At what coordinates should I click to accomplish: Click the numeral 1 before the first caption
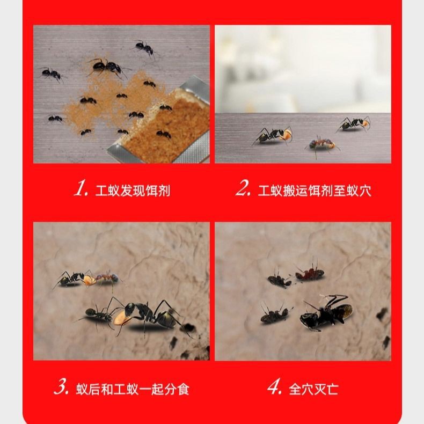(x=81, y=188)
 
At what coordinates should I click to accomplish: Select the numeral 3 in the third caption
(x=61, y=388)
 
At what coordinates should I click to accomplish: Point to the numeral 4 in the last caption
(x=275, y=388)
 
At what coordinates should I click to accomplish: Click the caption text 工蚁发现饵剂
(x=133, y=191)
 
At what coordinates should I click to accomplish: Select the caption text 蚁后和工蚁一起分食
(x=133, y=389)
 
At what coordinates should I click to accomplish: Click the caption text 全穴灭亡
(x=314, y=389)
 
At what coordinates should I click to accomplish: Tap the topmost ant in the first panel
(x=144, y=48)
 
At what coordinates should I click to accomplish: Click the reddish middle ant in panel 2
(x=323, y=144)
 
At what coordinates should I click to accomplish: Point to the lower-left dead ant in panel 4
(x=275, y=315)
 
